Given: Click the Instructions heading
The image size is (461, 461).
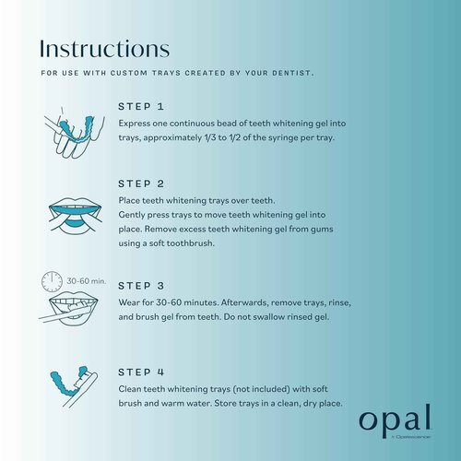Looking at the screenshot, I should click(x=105, y=47).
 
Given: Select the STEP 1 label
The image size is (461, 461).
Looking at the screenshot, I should click(x=142, y=107).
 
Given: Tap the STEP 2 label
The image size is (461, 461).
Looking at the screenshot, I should click(x=142, y=183).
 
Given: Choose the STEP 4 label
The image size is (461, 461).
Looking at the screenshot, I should click(x=142, y=372).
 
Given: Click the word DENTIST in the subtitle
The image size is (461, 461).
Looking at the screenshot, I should click(x=289, y=72).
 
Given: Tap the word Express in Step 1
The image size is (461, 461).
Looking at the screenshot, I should click(x=137, y=124).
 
